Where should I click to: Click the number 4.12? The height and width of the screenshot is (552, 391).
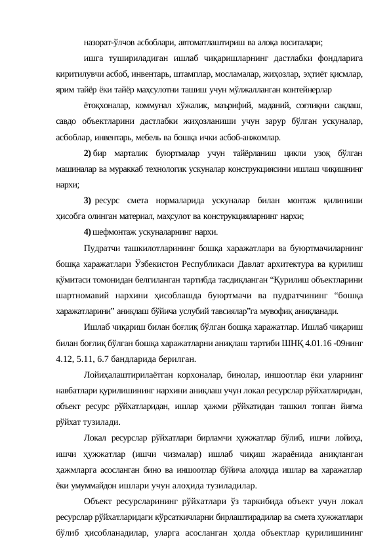66,359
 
